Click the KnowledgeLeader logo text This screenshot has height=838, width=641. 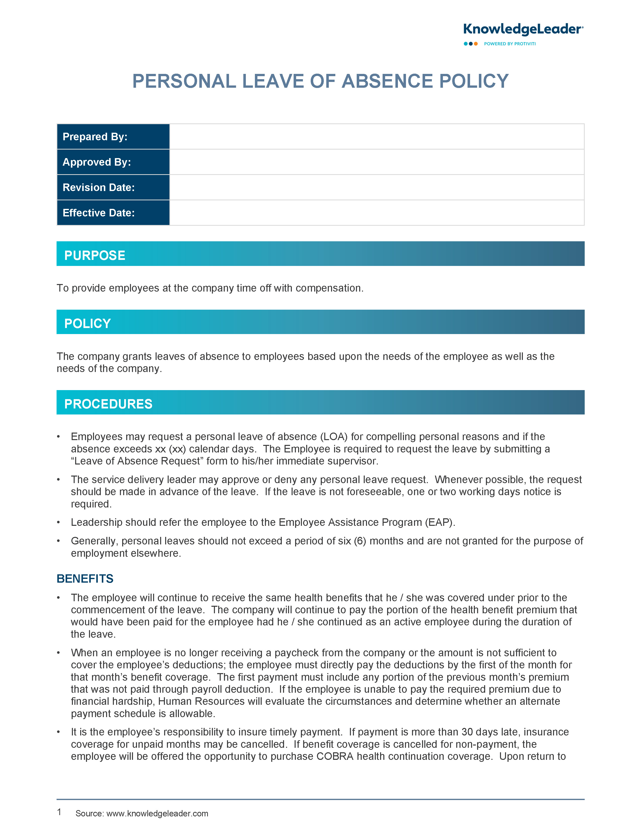[x=523, y=29]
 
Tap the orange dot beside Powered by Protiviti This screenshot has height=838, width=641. [x=476, y=44]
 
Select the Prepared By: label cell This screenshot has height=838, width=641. [x=113, y=136]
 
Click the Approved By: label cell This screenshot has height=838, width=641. [x=113, y=162]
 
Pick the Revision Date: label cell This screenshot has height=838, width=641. [x=113, y=187]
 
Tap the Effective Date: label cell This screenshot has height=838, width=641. [x=113, y=213]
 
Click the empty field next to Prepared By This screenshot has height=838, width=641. [x=377, y=136]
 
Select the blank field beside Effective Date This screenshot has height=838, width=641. [x=377, y=213]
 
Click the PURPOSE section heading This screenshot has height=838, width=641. [x=95, y=255]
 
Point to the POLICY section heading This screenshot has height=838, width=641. [x=87, y=323]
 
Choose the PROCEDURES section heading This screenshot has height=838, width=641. [x=108, y=404]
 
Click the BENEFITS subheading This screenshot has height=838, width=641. [x=85, y=579]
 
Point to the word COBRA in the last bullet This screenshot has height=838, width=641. [x=335, y=756]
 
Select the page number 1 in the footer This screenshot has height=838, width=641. [x=59, y=812]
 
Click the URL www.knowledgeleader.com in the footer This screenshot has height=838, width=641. [x=157, y=814]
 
